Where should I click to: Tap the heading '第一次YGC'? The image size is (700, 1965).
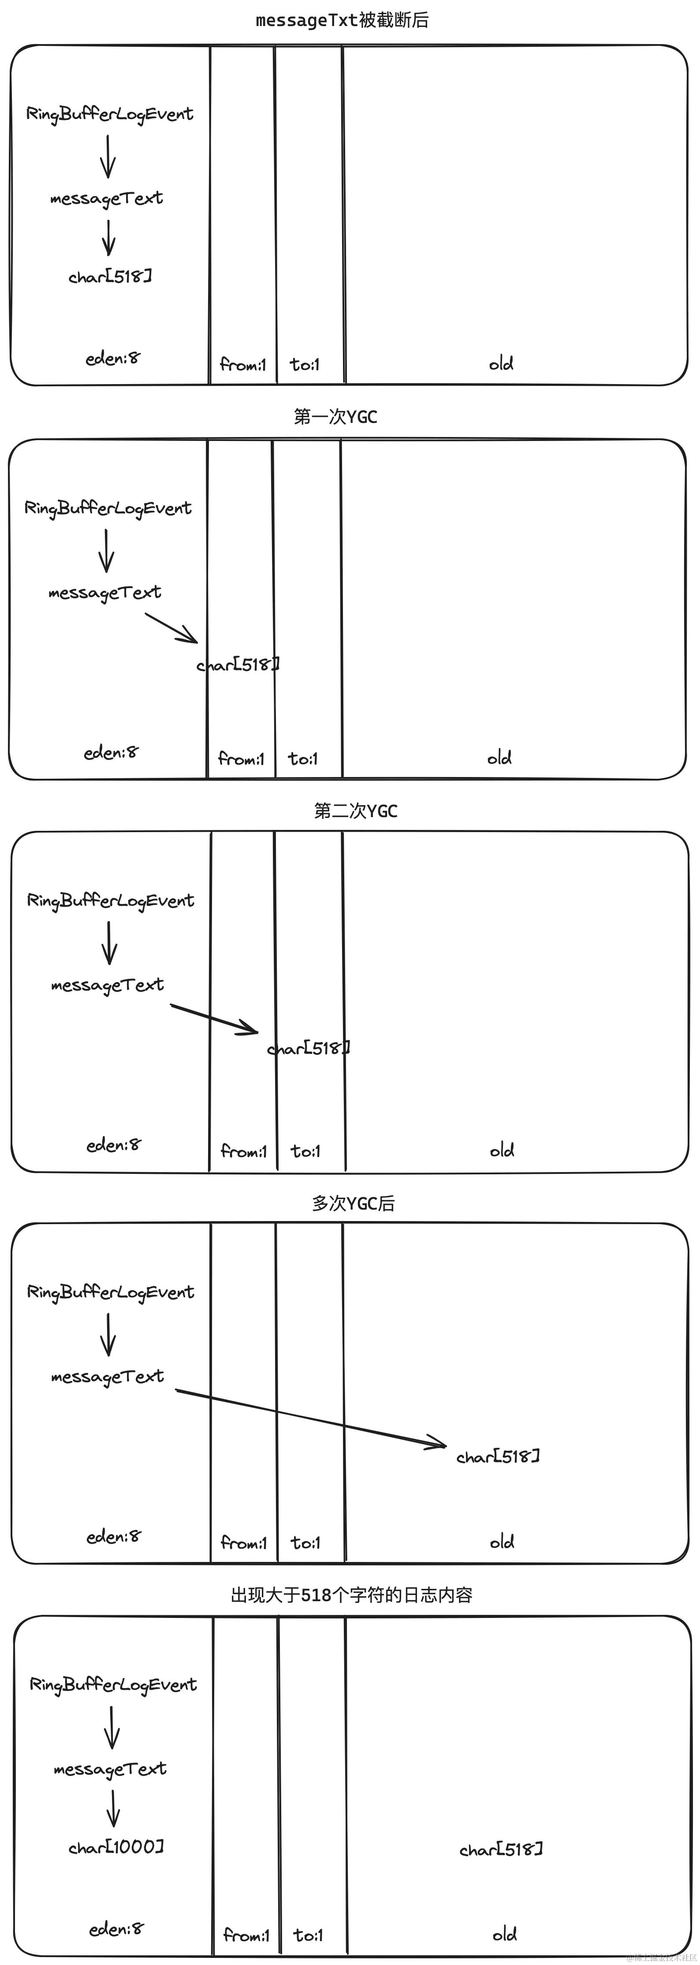(x=335, y=416)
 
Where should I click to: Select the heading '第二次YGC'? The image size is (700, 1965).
(x=355, y=811)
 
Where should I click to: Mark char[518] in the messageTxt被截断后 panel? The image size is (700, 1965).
(x=110, y=276)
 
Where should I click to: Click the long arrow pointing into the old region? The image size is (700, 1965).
(x=311, y=1417)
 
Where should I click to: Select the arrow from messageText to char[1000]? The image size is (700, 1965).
(x=113, y=1808)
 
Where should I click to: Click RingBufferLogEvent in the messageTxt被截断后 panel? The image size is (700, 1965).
(x=110, y=114)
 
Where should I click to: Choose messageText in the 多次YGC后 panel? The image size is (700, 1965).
(x=108, y=1377)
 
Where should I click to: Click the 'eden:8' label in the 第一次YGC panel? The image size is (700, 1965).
(x=112, y=753)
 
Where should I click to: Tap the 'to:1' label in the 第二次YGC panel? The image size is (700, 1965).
(x=306, y=1151)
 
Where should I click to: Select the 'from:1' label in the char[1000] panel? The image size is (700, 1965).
(x=246, y=1935)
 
